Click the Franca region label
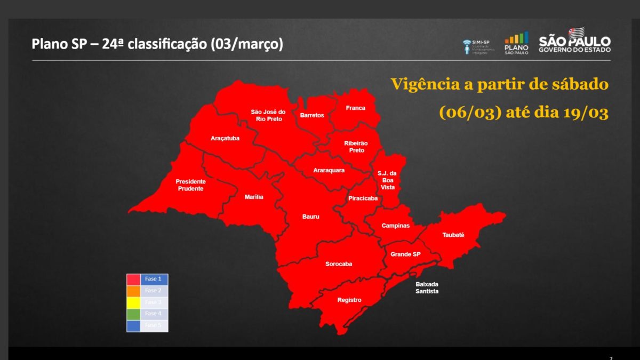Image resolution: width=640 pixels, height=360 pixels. (x=355, y=108)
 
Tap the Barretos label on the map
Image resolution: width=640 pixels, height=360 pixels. (x=312, y=115)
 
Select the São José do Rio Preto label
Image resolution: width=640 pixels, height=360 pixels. (x=268, y=115)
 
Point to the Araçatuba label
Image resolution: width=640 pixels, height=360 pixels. (x=225, y=139)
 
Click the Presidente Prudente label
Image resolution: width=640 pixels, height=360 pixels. (x=190, y=185)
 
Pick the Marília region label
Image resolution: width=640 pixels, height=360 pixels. (x=254, y=197)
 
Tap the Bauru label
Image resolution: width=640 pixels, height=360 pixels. (x=310, y=217)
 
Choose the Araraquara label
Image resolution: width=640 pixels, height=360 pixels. (x=329, y=171)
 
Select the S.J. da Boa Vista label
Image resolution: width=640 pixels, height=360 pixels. (x=387, y=180)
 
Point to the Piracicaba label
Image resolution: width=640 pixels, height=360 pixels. (x=363, y=198)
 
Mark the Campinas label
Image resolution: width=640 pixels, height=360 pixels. (x=395, y=226)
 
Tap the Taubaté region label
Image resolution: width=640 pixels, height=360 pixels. (x=453, y=235)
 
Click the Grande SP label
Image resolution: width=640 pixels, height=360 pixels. (x=405, y=254)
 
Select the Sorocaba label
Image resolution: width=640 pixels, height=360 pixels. (x=339, y=264)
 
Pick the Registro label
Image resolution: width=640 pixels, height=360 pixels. (x=349, y=300)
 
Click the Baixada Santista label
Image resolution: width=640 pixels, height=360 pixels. (x=427, y=288)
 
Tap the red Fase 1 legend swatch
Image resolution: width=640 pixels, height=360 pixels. (x=133, y=279)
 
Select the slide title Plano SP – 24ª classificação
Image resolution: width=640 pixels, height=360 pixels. (x=157, y=44)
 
